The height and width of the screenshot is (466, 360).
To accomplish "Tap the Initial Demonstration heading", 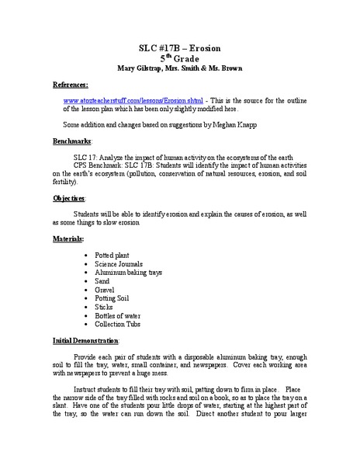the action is (86, 340).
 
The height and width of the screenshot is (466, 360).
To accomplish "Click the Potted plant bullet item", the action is (115, 254).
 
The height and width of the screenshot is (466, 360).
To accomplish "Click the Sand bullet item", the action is (103, 285).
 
